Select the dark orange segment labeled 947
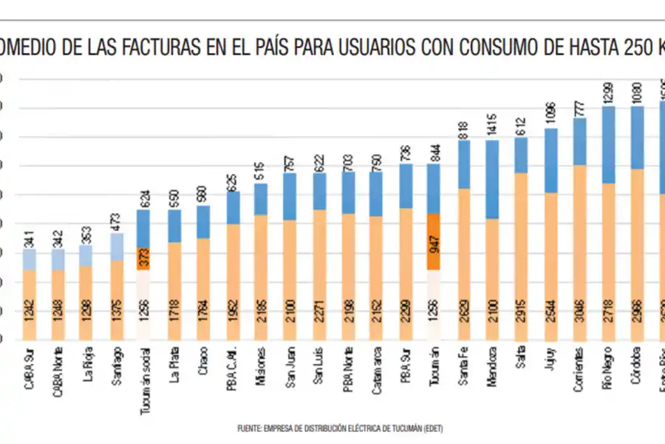pyautogui.click(x=434, y=241)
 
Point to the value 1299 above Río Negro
pyautogui.click(x=608, y=92)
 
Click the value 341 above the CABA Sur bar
pyautogui.click(x=29, y=238)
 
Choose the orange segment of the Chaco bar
pyautogui.click(x=202, y=289)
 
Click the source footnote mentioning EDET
pyautogui.click(x=340, y=428)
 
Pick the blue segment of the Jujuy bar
pyautogui.click(x=550, y=160)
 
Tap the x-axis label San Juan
pyautogui.click(x=290, y=364)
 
